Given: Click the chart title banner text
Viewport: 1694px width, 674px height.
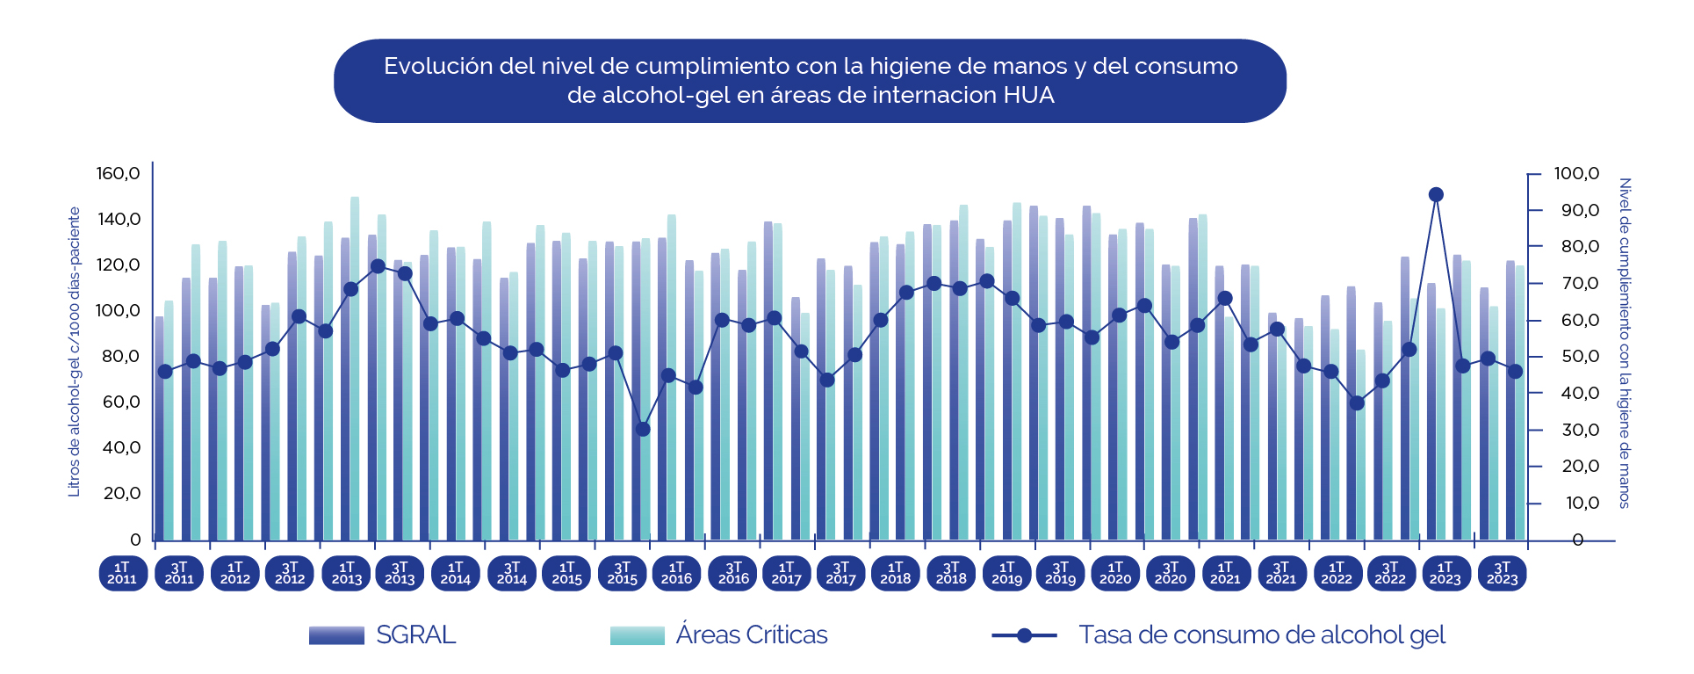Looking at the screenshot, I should pos(810,80).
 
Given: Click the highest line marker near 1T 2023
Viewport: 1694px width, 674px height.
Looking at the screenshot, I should pos(1436,195).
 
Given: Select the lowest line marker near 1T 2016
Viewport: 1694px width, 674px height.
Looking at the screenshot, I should pos(643,429).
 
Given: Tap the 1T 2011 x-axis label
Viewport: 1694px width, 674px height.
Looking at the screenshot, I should pos(122,573).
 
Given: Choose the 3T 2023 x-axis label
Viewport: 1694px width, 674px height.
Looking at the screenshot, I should pos(1502,573).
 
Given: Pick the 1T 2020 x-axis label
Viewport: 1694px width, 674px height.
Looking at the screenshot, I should pos(1115,573).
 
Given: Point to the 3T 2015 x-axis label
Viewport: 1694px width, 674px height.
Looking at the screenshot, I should pos(622,573).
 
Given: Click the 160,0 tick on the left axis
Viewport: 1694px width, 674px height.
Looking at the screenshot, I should pos(118,173).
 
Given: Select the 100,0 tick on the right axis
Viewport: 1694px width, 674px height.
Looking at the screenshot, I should pos(1576,173).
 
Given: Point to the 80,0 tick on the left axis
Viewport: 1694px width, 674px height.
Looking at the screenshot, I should pos(121,356).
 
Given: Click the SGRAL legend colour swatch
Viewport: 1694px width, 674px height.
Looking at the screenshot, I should pos(336,635).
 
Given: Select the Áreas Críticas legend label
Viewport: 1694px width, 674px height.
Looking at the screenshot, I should pos(752,634).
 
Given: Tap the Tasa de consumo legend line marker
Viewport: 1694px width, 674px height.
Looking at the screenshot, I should pos(1024,635).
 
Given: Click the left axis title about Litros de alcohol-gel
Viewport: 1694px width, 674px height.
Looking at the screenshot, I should pos(74,351).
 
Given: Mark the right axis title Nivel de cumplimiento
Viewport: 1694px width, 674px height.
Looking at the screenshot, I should pos(1625,343).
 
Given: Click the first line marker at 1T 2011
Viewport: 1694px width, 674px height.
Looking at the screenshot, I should pos(165,372).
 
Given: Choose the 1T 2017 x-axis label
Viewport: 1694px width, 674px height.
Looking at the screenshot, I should pos(786,573).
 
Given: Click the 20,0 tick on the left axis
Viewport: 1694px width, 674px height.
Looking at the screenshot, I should pos(121,493).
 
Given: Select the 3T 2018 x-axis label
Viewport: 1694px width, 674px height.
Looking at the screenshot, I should pos(951,573).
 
